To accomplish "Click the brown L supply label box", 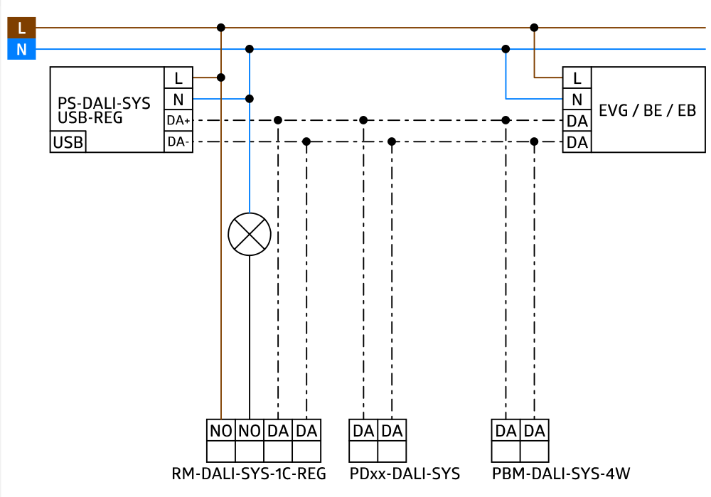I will click(21, 28).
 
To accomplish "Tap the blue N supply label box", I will click(21, 50).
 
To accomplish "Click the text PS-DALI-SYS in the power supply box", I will click(104, 103).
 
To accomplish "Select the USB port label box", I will click(68, 142).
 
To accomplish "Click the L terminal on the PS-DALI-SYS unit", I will click(178, 78).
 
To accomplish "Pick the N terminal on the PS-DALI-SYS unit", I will click(178, 100).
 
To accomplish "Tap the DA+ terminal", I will click(178, 121).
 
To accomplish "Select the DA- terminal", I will click(178, 142).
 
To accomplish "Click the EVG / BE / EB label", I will click(647, 110).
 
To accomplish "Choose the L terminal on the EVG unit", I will click(577, 78).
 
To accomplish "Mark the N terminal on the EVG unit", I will click(577, 100).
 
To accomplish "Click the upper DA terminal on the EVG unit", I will click(577, 122).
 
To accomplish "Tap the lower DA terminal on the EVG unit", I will click(577, 143).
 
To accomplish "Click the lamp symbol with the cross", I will click(250, 234).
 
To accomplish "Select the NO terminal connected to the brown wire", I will click(221, 431).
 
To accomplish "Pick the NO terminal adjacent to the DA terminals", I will click(250, 431).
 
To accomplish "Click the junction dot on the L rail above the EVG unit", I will click(534, 28).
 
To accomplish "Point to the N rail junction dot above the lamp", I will click(250, 50).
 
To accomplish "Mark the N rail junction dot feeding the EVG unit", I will click(506, 50).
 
